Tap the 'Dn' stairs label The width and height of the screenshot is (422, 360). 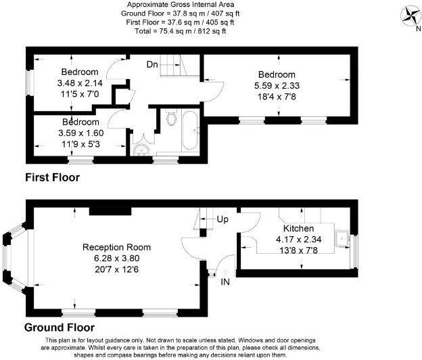coord(153,64)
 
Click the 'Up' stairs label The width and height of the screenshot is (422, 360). coord(223,219)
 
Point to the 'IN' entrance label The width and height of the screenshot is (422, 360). coord(225,281)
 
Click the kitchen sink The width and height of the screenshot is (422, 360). coord(344,238)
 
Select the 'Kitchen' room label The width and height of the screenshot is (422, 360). coord(298,228)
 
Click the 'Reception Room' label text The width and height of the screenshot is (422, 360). coord(116,247)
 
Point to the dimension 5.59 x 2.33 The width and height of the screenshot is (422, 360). coord(277,86)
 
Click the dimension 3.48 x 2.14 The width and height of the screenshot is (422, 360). coord(80,83)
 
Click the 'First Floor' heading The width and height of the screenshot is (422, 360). coord(52,178)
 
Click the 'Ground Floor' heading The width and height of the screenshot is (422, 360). coord(60,328)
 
